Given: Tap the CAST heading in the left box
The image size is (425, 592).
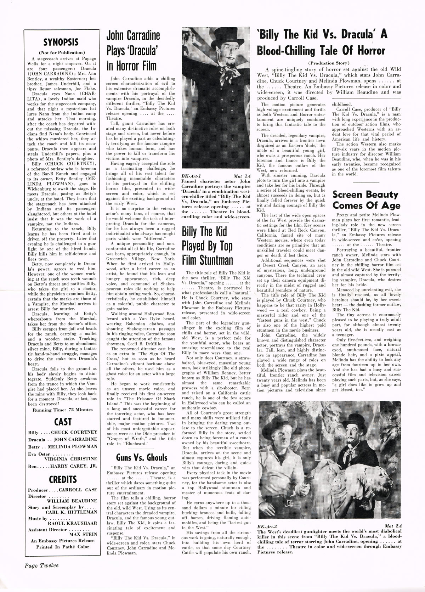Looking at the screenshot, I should [x=63, y=422].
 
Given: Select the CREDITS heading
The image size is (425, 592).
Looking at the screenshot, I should [x=63, y=479].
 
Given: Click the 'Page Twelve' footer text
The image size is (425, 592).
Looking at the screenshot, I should [x=41, y=565].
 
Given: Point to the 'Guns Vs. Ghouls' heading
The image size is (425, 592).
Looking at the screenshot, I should [x=141, y=457].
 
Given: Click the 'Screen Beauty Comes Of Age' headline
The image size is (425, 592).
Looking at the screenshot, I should [x=366, y=200].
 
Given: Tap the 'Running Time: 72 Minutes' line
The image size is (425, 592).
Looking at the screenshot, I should [x=63, y=410].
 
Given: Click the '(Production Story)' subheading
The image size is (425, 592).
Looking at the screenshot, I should [x=329, y=63].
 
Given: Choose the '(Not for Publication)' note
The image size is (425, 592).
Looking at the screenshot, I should [x=62, y=52].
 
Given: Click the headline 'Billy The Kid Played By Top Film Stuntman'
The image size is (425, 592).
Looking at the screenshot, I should [x=207, y=246].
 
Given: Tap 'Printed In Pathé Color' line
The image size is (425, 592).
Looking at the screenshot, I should [x=63, y=546].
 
